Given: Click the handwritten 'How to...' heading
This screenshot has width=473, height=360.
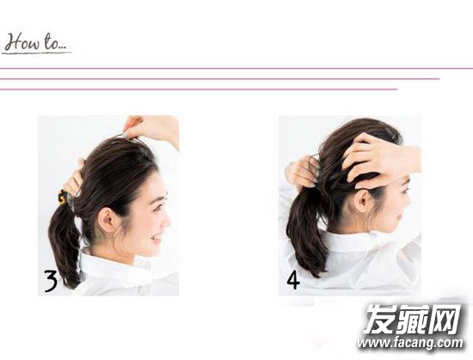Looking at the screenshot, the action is [x=36, y=43].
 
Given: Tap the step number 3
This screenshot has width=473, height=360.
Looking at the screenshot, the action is [x=51, y=281].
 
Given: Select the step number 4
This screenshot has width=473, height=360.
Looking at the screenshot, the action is [x=293, y=280].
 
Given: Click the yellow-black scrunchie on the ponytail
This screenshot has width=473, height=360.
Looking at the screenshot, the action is [x=63, y=197].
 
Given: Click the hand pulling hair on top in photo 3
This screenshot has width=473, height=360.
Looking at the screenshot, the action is [x=150, y=128].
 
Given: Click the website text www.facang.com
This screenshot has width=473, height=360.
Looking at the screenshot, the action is [x=410, y=343].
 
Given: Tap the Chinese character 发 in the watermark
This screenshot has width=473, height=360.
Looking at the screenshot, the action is [x=380, y=319].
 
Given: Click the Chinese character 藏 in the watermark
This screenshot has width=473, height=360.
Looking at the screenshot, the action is [x=412, y=319].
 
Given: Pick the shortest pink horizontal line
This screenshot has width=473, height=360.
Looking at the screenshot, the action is [x=199, y=89].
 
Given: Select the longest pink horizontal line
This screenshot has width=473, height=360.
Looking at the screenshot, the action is [x=236, y=69].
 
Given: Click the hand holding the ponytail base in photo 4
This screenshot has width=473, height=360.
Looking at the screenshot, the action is [x=302, y=173].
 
